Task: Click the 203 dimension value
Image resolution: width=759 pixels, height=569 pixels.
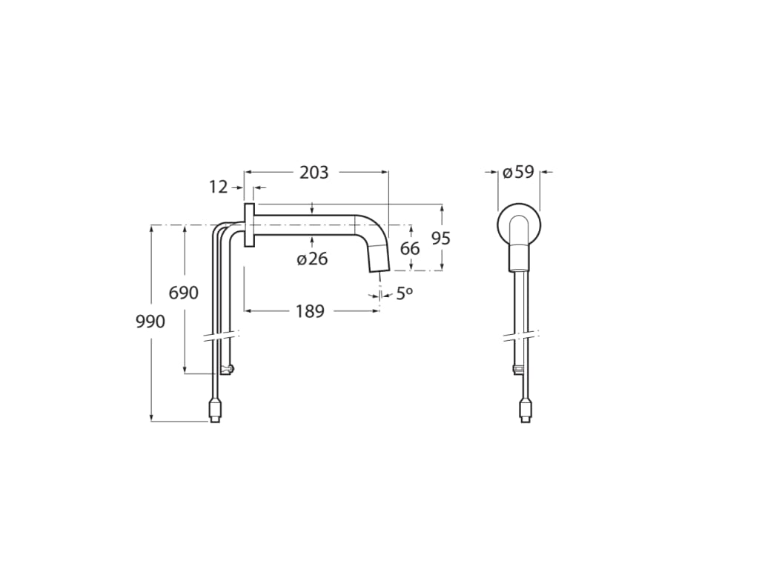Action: click(314, 173)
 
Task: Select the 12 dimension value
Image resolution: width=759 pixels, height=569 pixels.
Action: click(218, 187)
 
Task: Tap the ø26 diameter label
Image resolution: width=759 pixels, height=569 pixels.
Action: click(312, 259)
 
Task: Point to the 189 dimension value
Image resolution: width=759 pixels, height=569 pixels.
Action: click(310, 311)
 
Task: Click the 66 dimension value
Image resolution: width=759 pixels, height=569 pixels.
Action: click(410, 249)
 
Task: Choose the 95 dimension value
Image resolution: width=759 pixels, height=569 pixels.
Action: click(441, 239)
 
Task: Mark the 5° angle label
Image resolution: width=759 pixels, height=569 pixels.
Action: click(403, 294)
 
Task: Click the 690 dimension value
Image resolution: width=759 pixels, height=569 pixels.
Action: click(184, 293)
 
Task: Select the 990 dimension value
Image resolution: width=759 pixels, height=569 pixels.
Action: click(150, 322)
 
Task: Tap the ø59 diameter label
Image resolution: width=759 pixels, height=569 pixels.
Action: click(518, 173)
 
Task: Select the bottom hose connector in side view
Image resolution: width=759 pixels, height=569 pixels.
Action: click(214, 410)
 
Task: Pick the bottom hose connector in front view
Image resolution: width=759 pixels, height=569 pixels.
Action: click(525, 410)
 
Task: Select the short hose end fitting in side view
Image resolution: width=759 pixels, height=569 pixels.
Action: click(229, 369)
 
